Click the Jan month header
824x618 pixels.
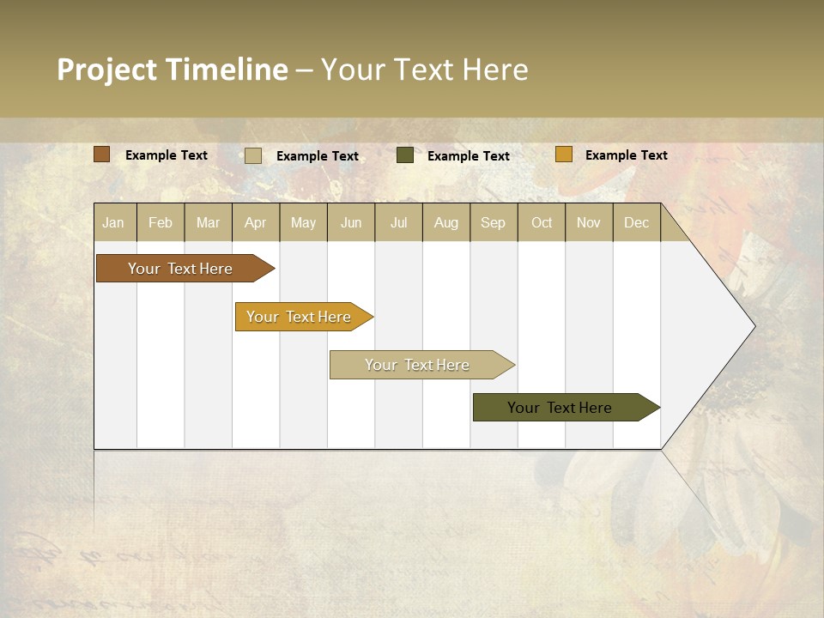tap(114, 222)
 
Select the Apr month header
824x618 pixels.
tap(256, 222)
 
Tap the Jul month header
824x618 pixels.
tap(398, 222)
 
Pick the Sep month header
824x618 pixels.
tap(493, 222)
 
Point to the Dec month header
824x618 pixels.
tap(636, 222)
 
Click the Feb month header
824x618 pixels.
tap(161, 222)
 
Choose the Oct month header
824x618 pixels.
tap(542, 222)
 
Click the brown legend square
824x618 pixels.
tap(101, 154)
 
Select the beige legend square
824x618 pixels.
tap(253, 155)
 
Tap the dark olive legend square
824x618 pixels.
tap(405, 155)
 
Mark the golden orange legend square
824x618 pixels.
tap(563, 154)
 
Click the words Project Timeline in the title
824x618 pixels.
tap(172, 70)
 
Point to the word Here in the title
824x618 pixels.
tap(495, 70)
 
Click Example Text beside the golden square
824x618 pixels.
tap(626, 155)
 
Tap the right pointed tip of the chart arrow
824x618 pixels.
tap(753, 326)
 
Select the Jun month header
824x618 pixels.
tap(351, 222)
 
